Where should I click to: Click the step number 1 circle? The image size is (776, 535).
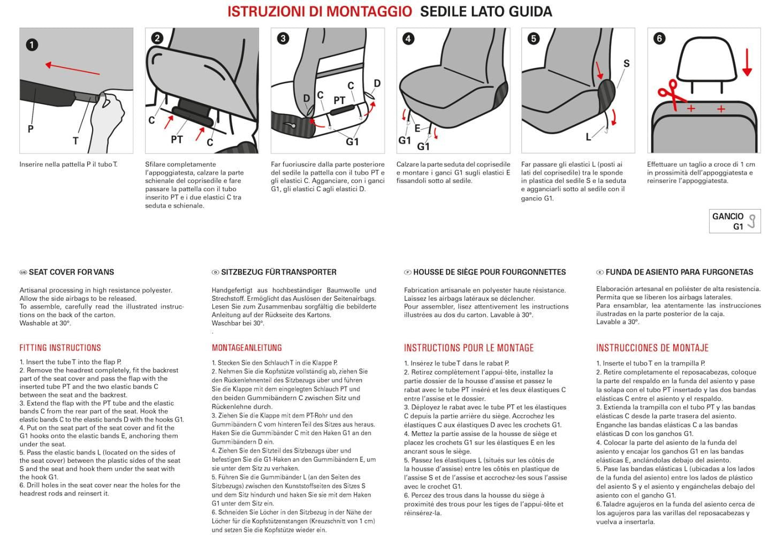point(32,44)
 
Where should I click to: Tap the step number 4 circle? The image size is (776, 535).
point(408,39)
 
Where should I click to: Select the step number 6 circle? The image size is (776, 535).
point(659,39)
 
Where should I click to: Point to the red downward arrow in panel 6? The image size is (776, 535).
point(747,63)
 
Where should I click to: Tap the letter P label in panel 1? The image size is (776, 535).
point(31,129)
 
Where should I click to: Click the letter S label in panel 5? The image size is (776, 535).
point(626,64)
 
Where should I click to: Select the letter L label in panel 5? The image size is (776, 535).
point(588,137)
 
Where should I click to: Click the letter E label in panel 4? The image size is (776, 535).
point(417,128)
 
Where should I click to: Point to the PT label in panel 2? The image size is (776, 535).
point(177,140)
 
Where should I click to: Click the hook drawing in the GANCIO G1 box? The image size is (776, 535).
point(752,221)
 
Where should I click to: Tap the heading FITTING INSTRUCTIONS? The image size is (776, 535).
point(60,348)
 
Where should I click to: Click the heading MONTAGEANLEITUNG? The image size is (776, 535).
point(247,348)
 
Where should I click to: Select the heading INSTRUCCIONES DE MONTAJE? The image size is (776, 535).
point(652,348)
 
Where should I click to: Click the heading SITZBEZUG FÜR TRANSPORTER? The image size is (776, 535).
point(278,272)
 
